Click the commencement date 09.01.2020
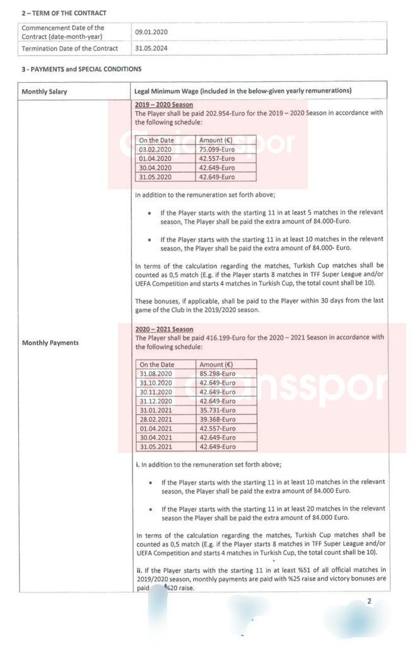pyautogui.click(x=151, y=32)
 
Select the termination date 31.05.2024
pyautogui.click(x=151, y=48)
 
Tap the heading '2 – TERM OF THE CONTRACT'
pyautogui.click(x=64, y=13)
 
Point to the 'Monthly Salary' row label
pyautogui.click(x=44, y=91)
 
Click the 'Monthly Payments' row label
pyautogui.click(x=50, y=343)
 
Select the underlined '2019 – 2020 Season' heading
pyautogui.click(x=164, y=105)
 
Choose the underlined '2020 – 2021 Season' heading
pyautogui.click(x=164, y=329)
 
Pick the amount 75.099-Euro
pyautogui.click(x=217, y=150)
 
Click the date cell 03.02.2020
pyautogui.click(x=155, y=150)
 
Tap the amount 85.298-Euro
pyautogui.click(x=218, y=373)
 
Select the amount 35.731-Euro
pyautogui.click(x=218, y=410)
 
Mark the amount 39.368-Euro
pyautogui.click(x=218, y=420)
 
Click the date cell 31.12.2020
pyautogui.click(x=156, y=401)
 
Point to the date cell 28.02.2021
pyautogui.click(x=156, y=420)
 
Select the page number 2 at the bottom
pyautogui.click(x=370, y=601)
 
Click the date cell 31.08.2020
pyautogui.click(x=156, y=373)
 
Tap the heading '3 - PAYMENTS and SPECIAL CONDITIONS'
pyautogui.click(x=81, y=69)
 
